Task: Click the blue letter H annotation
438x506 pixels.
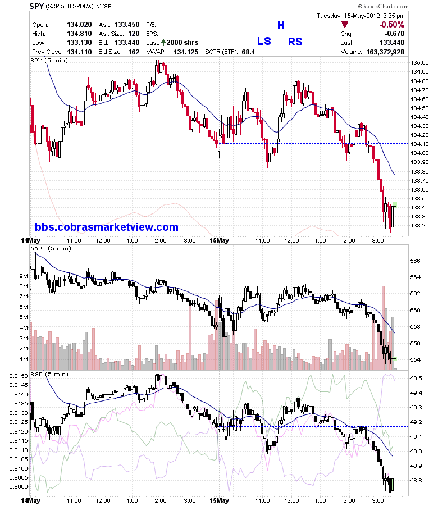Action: pos(281,25)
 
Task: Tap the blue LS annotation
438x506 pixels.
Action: pos(264,42)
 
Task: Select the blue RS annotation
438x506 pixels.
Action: pos(295,42)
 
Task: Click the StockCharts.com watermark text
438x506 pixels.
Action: pos(383,6)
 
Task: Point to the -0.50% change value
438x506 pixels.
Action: pos(391,25)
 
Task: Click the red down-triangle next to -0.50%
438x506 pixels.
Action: pos(345,24)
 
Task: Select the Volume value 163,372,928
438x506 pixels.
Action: pos(385,52)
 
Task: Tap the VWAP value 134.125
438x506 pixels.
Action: pos(186,52)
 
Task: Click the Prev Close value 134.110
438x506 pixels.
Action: pos(79,52)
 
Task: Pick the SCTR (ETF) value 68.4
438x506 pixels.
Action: pos(248,52)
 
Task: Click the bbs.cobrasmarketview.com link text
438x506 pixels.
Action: pos(107,227)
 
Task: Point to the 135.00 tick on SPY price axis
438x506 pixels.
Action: pos(419,62)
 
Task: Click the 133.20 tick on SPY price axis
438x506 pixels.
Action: pos(419,225)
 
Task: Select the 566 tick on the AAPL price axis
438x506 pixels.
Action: pos(415,261)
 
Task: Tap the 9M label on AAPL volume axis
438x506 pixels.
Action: pos(24,276)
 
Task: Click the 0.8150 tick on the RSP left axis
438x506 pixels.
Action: pos(19,376)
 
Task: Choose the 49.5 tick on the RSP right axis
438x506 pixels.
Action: pos(417,378)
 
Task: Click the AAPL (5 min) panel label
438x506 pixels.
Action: pos(51,248)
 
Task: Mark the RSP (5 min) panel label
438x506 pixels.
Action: pos(49,375)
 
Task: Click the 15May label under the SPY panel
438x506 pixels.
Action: pos(219,240)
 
